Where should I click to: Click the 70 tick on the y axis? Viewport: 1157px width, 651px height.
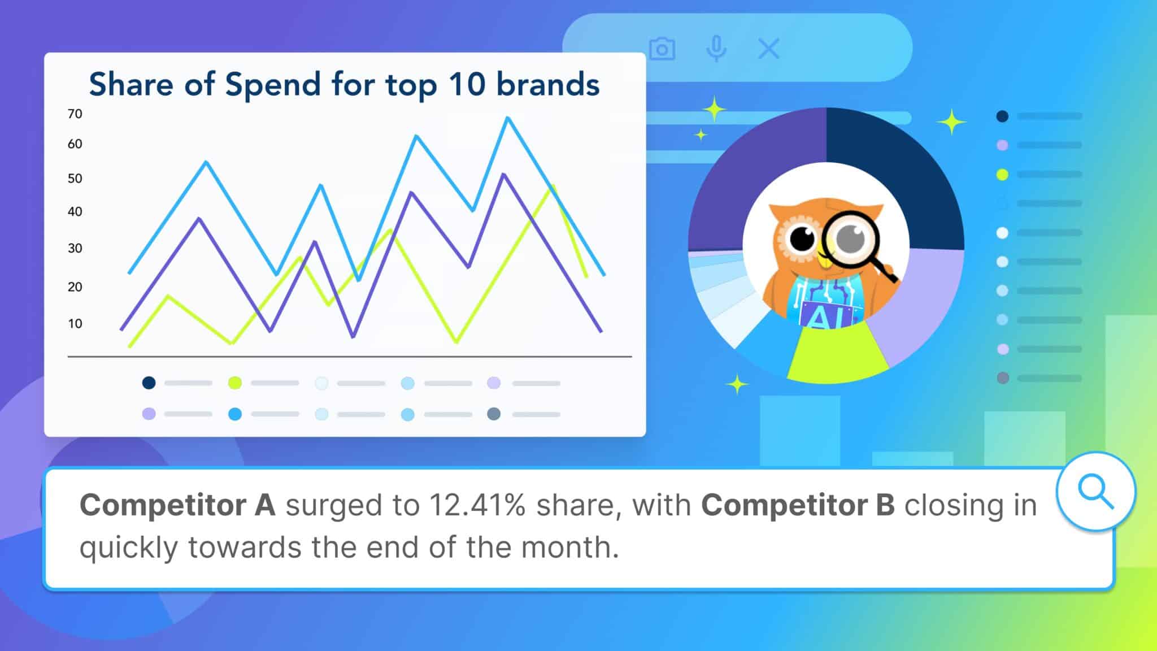click(75, 114)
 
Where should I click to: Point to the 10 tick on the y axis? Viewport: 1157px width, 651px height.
click(75, 324)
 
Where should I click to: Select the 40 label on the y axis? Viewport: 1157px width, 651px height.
click(75, 212)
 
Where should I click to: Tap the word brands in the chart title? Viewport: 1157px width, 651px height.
click(547, 85)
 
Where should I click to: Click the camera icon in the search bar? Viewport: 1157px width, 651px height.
click(662, 49)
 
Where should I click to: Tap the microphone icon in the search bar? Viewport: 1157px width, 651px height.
click(716, 49)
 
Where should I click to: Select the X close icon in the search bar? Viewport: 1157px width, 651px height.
click(768, 49)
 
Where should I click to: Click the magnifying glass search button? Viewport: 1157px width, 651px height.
click(1095, 492)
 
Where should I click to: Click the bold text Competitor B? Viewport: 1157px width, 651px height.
click(798, 505)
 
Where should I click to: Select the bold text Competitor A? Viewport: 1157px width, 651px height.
click(177, 505)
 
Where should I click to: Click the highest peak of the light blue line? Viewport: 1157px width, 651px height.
click(508, 118)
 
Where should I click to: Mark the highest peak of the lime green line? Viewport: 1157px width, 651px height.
click(553, 186)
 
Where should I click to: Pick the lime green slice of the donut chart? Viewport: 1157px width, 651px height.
click(837, 353)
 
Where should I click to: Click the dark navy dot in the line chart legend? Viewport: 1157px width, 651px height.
click(149, 383)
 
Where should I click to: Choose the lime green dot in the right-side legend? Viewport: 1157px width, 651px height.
click(1002, 175)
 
